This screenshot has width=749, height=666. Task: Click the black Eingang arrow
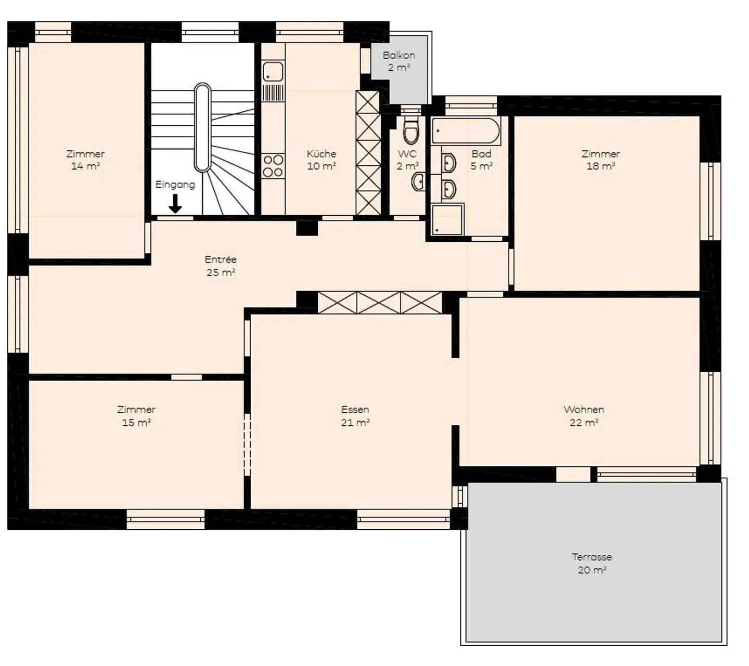[175, 203]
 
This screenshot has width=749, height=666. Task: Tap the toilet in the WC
[410, 127]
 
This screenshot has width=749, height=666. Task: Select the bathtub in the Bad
[466, 130]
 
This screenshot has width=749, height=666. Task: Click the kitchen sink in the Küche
[273, 71]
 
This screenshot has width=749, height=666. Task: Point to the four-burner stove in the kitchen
[273, 166]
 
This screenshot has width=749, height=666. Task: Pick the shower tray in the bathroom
[447, 219]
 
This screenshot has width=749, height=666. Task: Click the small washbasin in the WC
[418, 181]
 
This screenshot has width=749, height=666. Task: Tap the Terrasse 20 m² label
[591, 563]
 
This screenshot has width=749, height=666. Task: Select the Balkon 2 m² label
[398, 61]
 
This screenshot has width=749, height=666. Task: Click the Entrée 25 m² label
[221, 266]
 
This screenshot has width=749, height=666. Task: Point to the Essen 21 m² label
[355, 415]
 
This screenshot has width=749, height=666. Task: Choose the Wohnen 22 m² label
[584, 415]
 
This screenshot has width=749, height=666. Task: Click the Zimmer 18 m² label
[600, 160]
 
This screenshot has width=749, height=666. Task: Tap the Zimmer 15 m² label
[136, 415]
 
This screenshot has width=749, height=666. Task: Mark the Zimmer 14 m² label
[85, 160]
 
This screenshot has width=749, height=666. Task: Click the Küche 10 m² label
[321, 160]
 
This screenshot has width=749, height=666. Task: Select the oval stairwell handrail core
[202, 127]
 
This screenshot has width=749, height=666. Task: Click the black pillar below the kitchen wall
[307, 228]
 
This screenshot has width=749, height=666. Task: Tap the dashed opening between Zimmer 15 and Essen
[247, 445]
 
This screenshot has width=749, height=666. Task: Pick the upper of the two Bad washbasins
[448, 163]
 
